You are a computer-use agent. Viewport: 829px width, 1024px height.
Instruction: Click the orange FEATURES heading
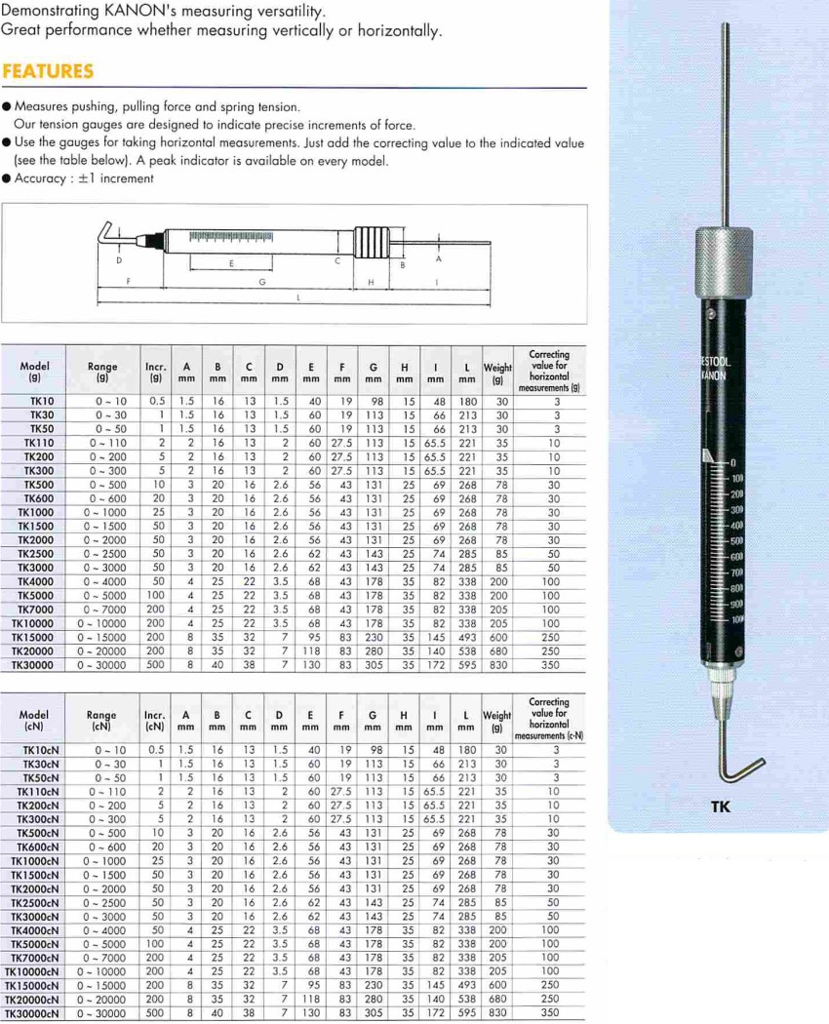(x=48, y=71)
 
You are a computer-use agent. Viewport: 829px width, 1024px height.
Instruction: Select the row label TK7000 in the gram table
(x=36, y=610)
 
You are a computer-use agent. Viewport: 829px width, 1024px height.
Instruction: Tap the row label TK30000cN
(x=36, y=1013)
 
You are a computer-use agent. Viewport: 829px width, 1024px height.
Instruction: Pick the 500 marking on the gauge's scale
(x=736, y=540)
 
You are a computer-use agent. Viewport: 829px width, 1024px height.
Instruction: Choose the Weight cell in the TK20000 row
(x=497, y=651)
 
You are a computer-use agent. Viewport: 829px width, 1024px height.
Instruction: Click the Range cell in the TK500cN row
(x=101, y=834)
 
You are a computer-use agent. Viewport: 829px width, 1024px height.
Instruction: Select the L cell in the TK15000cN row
(x=467, y=986)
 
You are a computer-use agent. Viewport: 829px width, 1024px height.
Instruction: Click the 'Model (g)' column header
(x=34, y=371)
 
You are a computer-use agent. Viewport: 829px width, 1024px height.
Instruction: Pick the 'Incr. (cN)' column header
(x=154, y=720)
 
